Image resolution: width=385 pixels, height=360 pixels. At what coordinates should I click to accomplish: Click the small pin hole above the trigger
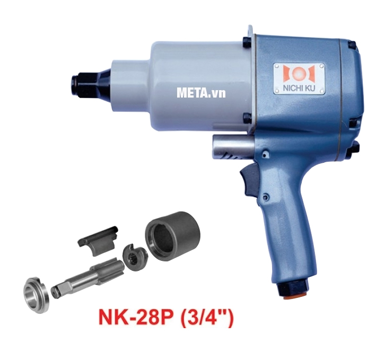click(264, 154)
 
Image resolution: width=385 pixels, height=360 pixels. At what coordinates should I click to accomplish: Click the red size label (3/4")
click(204, 317)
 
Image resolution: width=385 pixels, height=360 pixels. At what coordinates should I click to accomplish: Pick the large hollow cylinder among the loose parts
click(171, 235)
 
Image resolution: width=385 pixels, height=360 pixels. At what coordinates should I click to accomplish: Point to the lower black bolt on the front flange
click(247, 118)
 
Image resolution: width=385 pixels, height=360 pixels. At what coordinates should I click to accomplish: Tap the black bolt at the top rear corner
click(352, 47)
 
